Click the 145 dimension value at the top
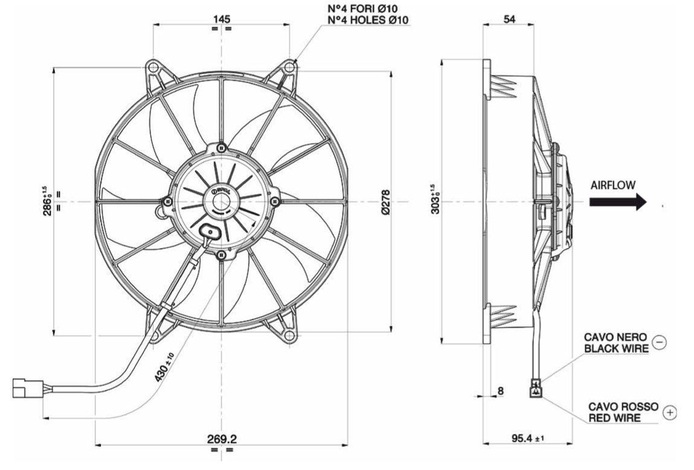[x=222, y=19]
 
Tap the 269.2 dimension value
[x=222, y=439]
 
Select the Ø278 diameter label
[x=385, y=203]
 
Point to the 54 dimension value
[x=509, y=19]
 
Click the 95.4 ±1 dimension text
[x=528, y=438]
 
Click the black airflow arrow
[x=618, y=202]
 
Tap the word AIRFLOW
[x=613, y=185]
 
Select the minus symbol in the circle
[x=660, y=341]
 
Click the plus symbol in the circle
[x=670, y=413]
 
